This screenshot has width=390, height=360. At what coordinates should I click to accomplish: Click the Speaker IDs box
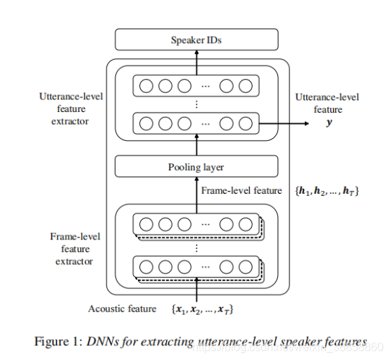coord(196,40)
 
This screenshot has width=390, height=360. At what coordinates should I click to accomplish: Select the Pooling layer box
coord(196,167)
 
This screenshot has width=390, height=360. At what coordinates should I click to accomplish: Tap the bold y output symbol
coord(328,123)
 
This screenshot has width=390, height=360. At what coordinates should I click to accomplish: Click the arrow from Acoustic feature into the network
coord(196,290)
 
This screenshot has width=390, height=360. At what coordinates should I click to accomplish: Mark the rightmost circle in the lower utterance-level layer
coord(244,123)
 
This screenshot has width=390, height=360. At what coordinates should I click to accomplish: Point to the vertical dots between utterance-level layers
coord(196,104)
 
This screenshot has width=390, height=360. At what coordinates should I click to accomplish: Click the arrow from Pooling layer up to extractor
coord(196,146)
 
